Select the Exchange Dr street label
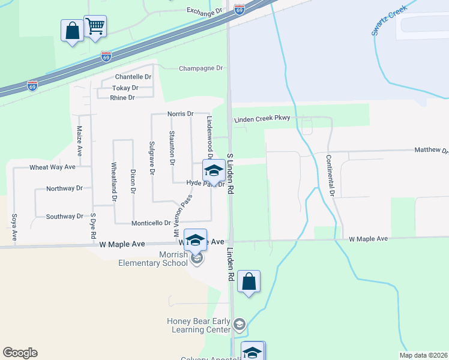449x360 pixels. click(204, 11)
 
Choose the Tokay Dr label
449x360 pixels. click(125, 88)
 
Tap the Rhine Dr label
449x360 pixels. click(122, 97)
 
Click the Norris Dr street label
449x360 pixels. click(181, 113)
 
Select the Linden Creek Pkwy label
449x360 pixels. click(262, 118)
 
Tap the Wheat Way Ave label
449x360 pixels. click(53, 167)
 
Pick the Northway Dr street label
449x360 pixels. click(64, 188)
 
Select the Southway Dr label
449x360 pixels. click(64, 216)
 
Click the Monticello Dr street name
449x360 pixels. click(151, 223)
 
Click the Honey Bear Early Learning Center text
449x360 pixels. click(199, 325)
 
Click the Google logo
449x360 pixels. click(20, 353)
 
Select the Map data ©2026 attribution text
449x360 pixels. click(423, 355)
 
